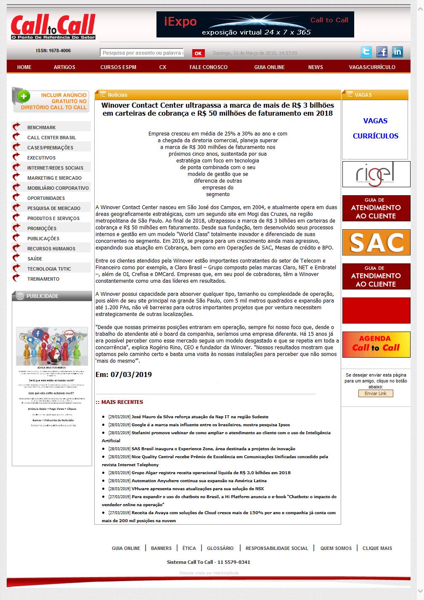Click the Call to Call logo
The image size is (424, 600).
coord(53,27)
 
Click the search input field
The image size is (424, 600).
coord(142,53)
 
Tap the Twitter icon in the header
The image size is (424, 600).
coord(366,52)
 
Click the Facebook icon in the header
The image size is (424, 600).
coord(382,52)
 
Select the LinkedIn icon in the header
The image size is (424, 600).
coord(397,52)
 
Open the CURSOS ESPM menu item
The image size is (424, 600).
coord(118,67)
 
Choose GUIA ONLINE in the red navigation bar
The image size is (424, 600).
coord(269,67)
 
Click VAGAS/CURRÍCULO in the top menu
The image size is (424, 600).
coord(372,67)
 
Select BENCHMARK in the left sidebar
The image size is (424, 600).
coord(41,127)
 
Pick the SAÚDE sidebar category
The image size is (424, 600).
coord(34,259)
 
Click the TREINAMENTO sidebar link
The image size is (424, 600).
coord(43,279)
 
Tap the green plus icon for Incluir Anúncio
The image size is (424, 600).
coord(24,96)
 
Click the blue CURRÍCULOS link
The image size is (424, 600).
coord(375,136)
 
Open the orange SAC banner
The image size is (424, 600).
coord(376,242)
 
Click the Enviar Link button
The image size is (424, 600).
coord(375,393)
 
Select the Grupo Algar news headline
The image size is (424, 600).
coord(211,473)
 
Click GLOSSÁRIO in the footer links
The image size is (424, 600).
coord(220,548)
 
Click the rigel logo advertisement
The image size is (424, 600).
coord(376,174)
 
